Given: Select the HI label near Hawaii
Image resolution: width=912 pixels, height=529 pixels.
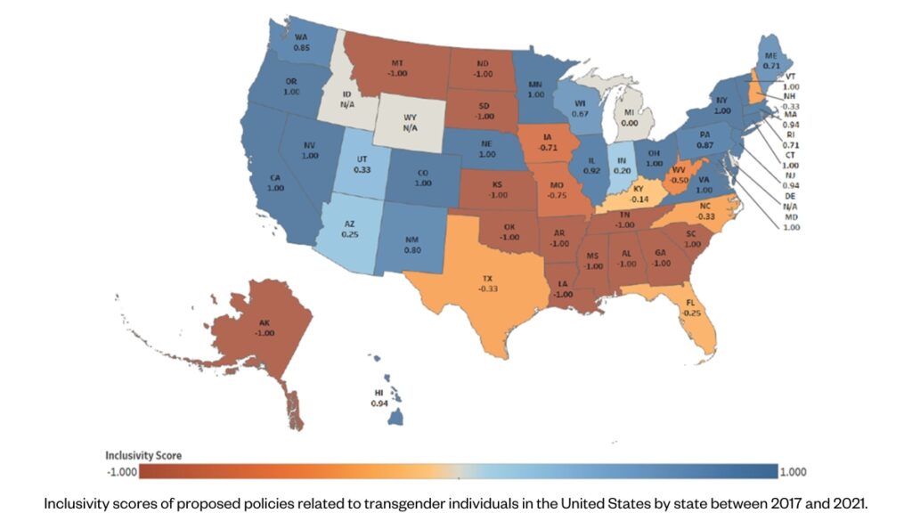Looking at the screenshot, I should tap(378, 393).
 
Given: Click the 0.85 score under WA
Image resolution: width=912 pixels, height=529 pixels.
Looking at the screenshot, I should tap(301, 47).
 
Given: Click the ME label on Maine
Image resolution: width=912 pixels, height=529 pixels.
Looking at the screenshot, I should tap(772, 54).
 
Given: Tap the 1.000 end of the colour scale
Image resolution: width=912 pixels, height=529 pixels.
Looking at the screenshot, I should tap(791, 471).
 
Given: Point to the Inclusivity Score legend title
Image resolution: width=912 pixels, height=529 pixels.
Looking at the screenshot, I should tap(143, 455).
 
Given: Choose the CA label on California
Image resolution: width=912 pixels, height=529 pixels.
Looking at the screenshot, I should tap(275, 178).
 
